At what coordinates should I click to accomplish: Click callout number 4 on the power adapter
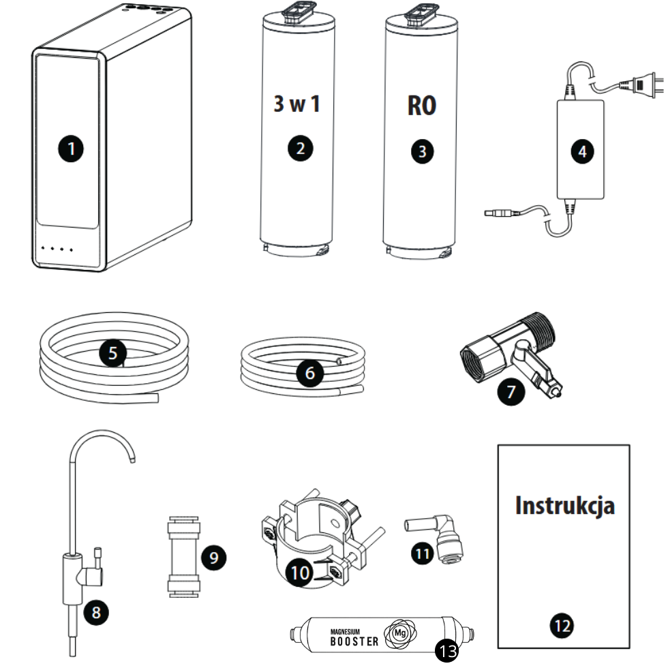pos(581,151)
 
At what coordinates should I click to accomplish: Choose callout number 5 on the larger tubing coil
pos(113,352)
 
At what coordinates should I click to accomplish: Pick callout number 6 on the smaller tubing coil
pos(310,374)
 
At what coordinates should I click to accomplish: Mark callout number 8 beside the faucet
pos(96,611)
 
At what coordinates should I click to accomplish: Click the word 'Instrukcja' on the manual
pos(565,506)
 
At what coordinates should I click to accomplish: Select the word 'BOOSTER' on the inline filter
pos(354,641)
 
